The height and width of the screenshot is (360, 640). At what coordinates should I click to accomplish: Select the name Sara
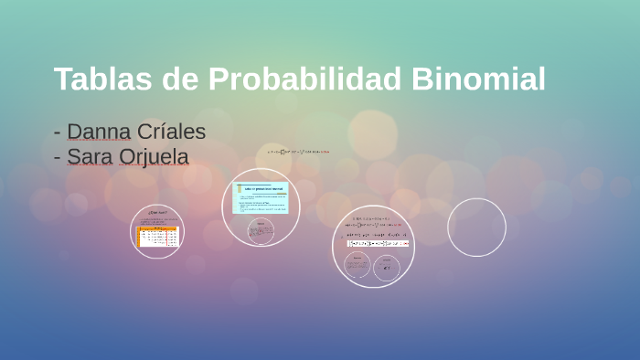(x=90, y=157)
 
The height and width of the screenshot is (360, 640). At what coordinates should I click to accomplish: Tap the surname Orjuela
(x=154, y=157)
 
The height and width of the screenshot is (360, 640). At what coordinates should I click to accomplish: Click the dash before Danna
(x=58, y=132)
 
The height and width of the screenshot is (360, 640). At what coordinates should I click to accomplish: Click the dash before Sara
(x=58, y=158)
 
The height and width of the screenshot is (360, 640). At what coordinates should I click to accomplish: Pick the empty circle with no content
(x=476, y=228)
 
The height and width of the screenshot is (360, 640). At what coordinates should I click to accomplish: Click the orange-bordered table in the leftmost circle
(x=157, y=237)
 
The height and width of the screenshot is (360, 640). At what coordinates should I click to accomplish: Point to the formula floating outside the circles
(x=297, y=151)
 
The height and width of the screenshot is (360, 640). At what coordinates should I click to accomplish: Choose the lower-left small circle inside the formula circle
(x=357, y=266)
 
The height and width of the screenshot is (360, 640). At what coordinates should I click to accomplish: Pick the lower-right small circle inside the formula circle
(x=388, y=266)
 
